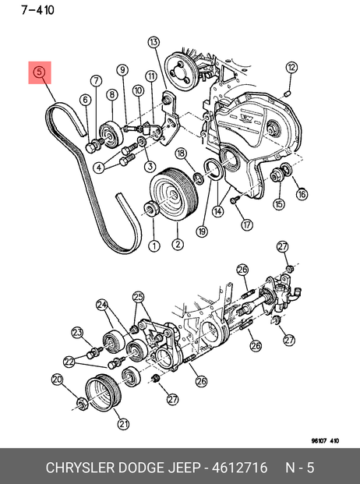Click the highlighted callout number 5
[40, 72]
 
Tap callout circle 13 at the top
[154, 42]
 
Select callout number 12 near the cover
[291, 67]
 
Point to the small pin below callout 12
[288, 94]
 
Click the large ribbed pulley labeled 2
[174, 194]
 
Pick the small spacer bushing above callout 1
[152, 209]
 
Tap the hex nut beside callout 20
[82, 404]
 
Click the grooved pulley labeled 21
[104, 393]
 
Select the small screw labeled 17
[234, 200]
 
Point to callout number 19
[203, 231]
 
